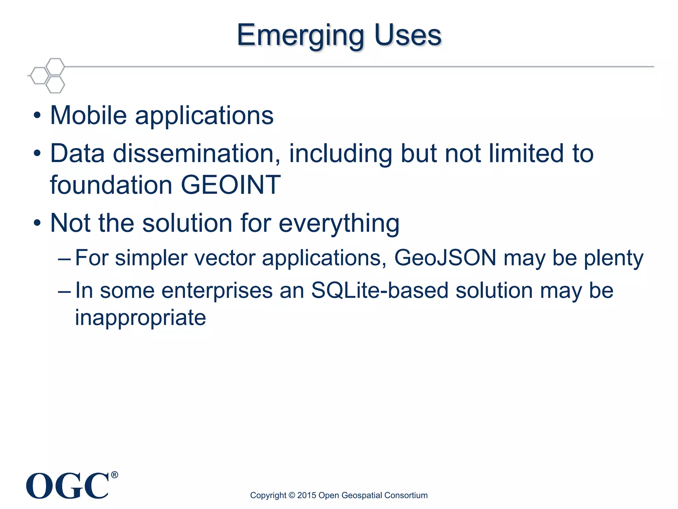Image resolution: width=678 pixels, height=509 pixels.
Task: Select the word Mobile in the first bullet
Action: [88, 115]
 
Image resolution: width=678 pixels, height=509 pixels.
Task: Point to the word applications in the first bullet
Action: [204, 117]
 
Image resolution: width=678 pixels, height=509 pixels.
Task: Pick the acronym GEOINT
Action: [231, 185]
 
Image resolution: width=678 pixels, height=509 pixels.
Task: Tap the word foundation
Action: [111, 185]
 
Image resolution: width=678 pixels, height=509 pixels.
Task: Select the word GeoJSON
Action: [445, 257]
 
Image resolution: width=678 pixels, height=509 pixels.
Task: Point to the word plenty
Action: [613, 259]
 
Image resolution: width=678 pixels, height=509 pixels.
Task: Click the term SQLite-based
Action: [380, 290]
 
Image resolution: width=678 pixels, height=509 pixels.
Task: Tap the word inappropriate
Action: [140, 318]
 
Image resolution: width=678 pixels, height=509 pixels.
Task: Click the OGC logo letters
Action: [68, 486]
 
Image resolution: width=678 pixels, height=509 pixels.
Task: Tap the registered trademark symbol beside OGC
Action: [114, 475]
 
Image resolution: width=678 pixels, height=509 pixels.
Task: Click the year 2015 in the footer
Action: [306, 495]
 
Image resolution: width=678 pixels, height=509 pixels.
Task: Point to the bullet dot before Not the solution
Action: [37, 223]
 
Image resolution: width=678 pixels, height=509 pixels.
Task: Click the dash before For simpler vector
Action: [64, 258]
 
